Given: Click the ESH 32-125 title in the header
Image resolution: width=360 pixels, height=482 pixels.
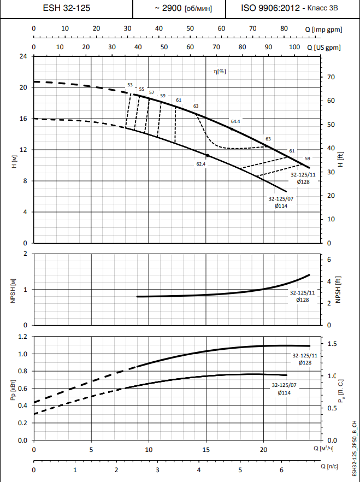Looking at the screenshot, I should (x=67, y=8).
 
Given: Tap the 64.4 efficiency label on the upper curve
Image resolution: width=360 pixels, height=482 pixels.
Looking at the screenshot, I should (x=235, y=121).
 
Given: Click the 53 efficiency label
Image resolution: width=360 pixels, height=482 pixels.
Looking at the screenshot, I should (x=130, y=85).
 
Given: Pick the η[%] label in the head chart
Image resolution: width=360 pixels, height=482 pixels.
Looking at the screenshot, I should (x=220, y=71).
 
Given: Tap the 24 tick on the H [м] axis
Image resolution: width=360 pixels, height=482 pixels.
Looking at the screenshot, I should (x=23, y=56).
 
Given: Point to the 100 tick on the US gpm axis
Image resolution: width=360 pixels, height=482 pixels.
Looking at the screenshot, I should (x=294, y=48).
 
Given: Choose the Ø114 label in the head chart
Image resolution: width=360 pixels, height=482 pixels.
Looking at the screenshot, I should (x=281, y=206).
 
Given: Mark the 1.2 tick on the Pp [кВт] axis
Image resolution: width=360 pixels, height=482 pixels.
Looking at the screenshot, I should (x=22, y=337).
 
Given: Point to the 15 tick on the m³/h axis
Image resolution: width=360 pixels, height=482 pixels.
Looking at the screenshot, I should (x=206, y=449).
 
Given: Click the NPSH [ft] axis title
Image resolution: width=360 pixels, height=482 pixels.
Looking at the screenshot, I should (x=338, y=289).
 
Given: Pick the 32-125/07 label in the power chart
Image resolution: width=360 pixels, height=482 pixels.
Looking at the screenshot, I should (x=284, y=386).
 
